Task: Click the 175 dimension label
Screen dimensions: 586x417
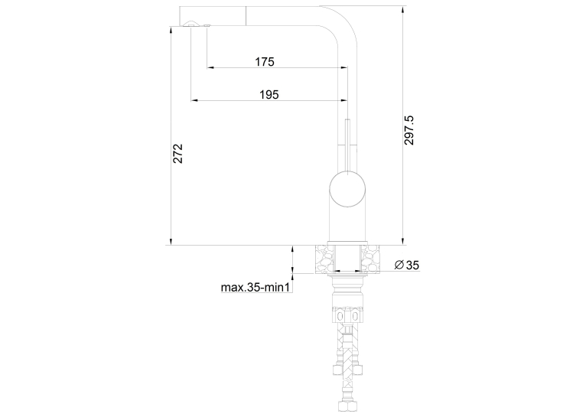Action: [x=265, y=62]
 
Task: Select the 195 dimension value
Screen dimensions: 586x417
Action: [x=269, y=95]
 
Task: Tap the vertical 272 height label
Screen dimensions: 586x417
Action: [x=178, y=153]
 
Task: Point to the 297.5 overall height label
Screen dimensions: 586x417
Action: [x=409, y=130]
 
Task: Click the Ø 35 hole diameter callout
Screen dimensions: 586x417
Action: [x=407, y=265]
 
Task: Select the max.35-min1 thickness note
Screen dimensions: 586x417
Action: [x=256, y=288]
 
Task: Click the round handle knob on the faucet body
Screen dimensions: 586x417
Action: [x=347, y=189]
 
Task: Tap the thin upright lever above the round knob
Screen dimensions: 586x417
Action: [x=347, y=145]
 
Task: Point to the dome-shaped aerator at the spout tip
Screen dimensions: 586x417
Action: [x=190, y=24]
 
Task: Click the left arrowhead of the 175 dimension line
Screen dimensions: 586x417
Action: [x=210, y=67]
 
